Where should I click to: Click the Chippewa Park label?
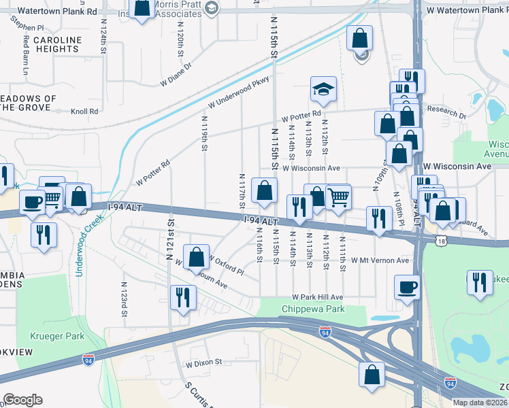coord(314,309)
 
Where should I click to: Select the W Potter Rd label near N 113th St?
coord(300,116)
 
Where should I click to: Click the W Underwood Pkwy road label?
coord(240,90)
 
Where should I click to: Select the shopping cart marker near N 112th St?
coord(338,198)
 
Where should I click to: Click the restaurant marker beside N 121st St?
coord(183,297)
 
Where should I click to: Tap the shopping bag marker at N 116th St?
coord(263,191)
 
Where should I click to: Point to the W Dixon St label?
coord(204,362)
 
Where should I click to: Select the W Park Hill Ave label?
coord(318,297)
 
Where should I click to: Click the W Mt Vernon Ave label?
coord(380,260)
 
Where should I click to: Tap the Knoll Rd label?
coord(85,111)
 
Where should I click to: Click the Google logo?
coord(22,400)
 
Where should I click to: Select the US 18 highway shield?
coord(442,241)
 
